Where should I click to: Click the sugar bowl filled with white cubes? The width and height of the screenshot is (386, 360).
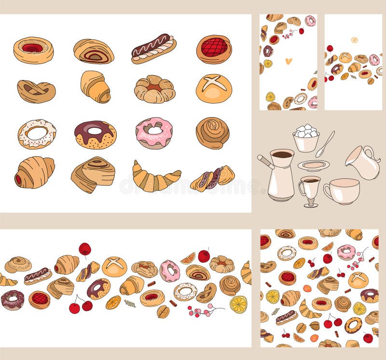[x=306, y=139]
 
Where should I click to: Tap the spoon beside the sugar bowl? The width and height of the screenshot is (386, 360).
[x=325, y=143]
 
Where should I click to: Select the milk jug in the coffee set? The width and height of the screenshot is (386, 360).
[x=363, y=162]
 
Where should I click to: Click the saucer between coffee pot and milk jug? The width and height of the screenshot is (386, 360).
[x=313, y=165]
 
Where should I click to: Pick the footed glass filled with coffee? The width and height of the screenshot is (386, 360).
[x=309, y=190]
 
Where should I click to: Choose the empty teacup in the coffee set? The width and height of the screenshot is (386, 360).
[x=342, y=191]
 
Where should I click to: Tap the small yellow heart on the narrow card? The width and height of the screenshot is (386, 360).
[x=289, y=61]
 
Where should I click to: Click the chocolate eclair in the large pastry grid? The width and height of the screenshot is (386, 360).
[x=153, y=48]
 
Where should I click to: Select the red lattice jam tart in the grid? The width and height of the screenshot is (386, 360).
[x=214, y=49]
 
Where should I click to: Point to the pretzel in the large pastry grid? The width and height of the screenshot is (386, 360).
[x=36, y=91]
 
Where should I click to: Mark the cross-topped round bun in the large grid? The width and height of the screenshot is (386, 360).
[x=214, y=88]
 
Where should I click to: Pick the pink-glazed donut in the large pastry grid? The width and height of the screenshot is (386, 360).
[x=154, y=132]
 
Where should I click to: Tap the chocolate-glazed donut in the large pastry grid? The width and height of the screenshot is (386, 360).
[x=95, y=134]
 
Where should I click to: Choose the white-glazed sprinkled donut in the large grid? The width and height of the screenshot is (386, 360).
[x=37, y=133]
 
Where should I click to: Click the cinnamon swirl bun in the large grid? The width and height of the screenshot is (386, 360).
[x=212, y=133]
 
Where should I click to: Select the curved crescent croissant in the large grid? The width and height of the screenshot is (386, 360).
[x=155, y=177]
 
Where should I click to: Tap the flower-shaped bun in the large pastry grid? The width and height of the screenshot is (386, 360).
[x=154, y=89]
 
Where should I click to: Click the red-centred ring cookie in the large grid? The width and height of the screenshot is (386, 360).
[x=33, y=50]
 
